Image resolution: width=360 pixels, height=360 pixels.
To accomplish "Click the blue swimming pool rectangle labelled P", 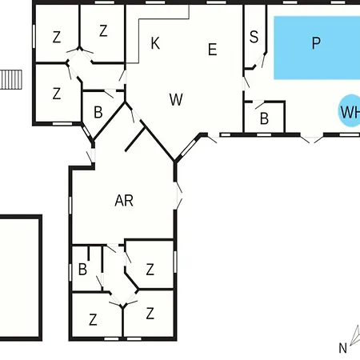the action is [x=317, y=48].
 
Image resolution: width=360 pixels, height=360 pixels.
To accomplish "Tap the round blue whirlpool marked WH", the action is [x=350, y=111].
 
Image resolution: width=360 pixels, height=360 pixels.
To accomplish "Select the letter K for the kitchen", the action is [x=155, y=43].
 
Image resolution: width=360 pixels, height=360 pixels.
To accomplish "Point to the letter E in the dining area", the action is [x=212, y=50].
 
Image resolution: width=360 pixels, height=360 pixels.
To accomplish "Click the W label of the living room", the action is [x=176, y=99].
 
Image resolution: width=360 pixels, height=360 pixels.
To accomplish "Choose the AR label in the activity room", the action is [x=124, y=200].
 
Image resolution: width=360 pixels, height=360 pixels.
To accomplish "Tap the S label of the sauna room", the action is [x=254, y=37].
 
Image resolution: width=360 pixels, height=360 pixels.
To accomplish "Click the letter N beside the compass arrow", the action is [x=342, y=348].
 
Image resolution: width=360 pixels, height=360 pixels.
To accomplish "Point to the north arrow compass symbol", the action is [x=355, y=334].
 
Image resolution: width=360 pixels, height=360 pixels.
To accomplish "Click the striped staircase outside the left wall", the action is [x=11, y=79].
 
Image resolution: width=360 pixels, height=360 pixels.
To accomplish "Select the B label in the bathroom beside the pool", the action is [x=264, y=118].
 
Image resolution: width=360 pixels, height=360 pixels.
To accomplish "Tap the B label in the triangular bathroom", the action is [x=98, y=112].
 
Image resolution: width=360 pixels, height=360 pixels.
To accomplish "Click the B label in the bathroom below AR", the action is [x=82, y=270].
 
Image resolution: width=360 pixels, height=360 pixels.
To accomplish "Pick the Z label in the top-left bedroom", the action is [x=57, y=37].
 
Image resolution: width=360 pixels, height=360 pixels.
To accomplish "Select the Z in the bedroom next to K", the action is [x=103, y=30].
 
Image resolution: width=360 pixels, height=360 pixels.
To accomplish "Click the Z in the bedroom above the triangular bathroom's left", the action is [x=57, y=94].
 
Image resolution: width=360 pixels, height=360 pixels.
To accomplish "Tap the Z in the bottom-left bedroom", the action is [x=93, y=319].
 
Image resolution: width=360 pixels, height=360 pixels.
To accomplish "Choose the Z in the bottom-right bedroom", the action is [x=150, y=314].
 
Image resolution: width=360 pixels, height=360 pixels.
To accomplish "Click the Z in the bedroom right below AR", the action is [x=150, y=270].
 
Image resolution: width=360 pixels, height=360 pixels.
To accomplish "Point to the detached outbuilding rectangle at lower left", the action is [x=20, y=278].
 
